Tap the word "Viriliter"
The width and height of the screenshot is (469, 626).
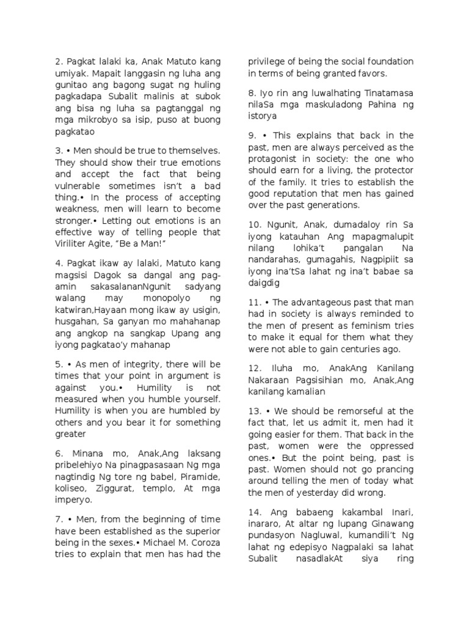click(75, 232)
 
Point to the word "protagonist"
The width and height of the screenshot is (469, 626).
click(275, 160)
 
